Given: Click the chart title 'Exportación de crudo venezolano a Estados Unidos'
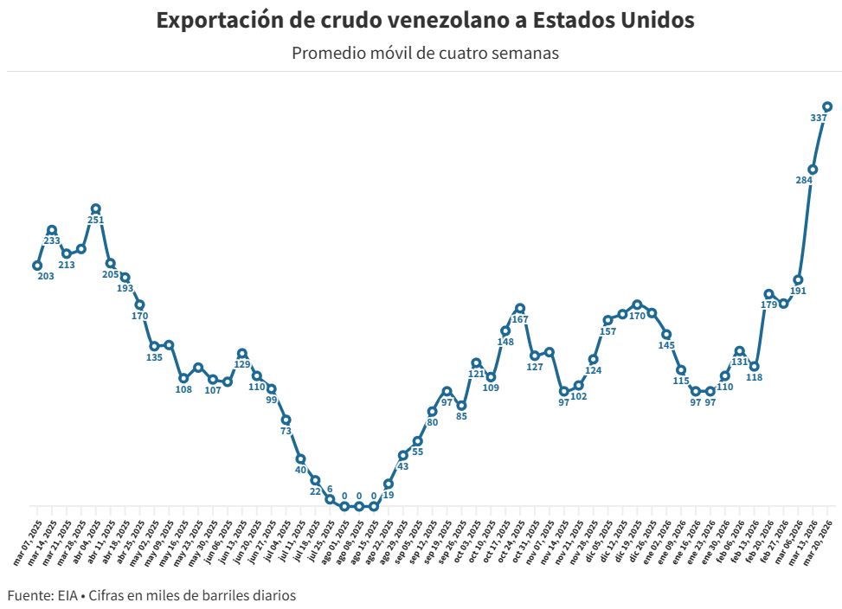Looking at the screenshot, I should (425, 21).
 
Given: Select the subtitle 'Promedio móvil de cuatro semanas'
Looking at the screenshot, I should (425, 53).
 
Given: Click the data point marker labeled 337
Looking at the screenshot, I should (827, 106).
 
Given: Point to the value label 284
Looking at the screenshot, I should (803, 180).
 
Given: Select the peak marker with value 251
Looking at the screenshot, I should (95, 208).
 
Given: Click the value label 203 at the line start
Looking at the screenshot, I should (46, 276).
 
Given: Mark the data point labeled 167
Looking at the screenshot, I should (519, 308).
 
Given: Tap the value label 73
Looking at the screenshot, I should (286, 430).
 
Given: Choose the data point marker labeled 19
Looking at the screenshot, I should (389, 484).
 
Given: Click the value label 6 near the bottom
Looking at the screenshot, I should (330, 490).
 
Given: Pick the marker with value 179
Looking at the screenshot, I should (768, 294).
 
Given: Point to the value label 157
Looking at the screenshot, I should (607, 331).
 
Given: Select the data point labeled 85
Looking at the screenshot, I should (461, 405).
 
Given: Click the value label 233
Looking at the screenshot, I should (52, 240).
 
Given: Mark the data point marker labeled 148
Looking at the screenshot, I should (505, 330).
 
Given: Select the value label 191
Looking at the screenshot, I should (798, 291).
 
